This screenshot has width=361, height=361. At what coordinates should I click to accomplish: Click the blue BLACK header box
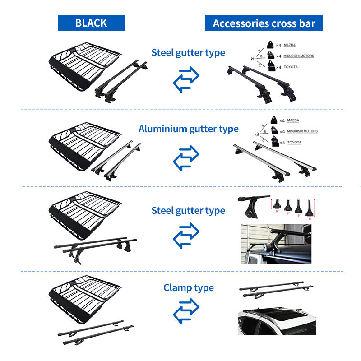pyautogui.click(x=91, y=23)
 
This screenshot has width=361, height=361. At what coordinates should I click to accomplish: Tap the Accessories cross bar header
pyautogui.click(x=264, y=23)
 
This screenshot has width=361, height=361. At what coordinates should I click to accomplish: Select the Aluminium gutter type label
pyautogui.click(x=189, y=129)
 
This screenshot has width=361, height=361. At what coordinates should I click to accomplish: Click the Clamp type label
pyautogui.click(x=189, y=287)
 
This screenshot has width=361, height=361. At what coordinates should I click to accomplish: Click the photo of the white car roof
pyautogui.click(x=276, y=321)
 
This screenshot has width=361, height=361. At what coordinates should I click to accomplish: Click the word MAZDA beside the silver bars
pyautogui.click(x=293, y=120)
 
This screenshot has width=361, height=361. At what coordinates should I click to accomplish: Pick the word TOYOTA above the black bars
pyautogui.click(x=291, y=67)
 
